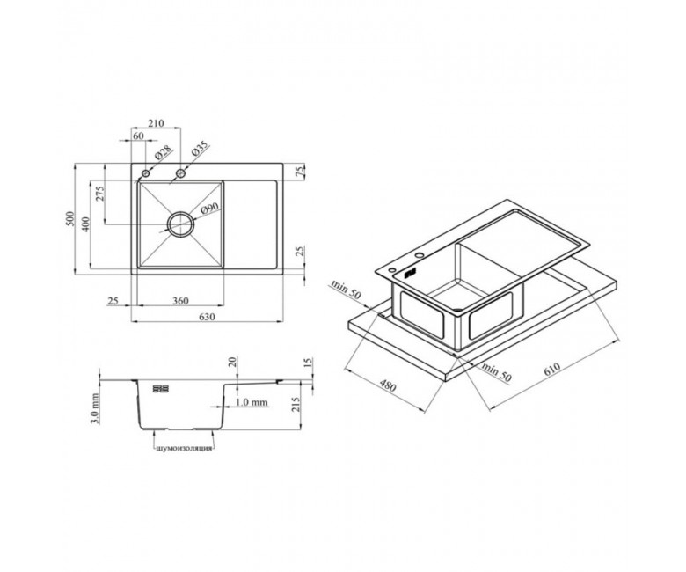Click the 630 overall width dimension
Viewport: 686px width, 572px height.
tap(207, 317)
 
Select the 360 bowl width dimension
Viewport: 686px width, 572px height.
tap(180, 301)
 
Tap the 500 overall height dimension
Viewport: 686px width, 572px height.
tap(70, 219)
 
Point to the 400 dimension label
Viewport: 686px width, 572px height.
tap(86, 224)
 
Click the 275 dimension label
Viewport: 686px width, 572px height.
tap(99, 194)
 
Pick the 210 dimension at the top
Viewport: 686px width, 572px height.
tap(156, 123)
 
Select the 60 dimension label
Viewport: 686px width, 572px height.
tap(138, 136)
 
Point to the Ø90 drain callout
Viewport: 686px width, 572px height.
tap(209, 210)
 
